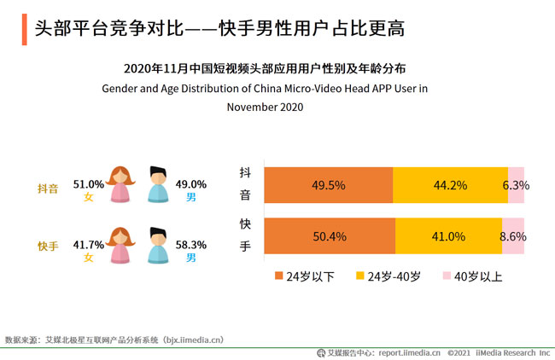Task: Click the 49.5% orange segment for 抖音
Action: (329, 185)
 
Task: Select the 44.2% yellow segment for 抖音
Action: (450, 185)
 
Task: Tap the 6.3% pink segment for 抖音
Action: (517, 185)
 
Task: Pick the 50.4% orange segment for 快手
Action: (330, 236)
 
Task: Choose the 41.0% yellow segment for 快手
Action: (449, 236)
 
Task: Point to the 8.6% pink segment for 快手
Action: (513, 236)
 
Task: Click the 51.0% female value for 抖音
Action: (88, 183)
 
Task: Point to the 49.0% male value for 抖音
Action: (191, 183)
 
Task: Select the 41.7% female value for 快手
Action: (88, 244)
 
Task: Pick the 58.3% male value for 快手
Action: (191, 244)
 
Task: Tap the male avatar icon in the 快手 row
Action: (158, 246)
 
